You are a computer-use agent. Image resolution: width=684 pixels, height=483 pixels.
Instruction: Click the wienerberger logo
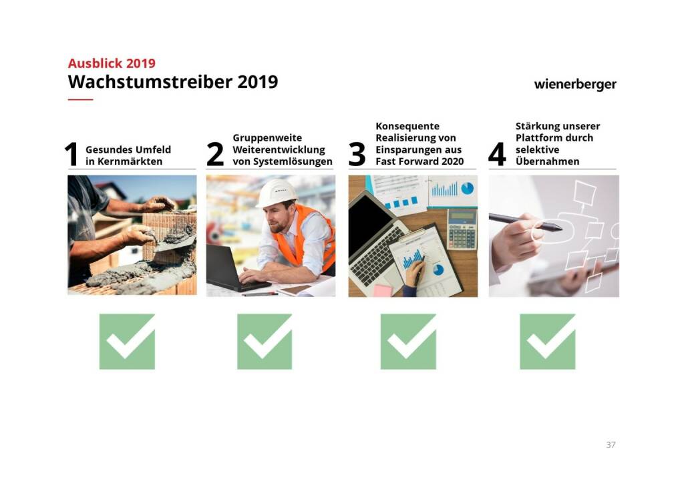(575, 85)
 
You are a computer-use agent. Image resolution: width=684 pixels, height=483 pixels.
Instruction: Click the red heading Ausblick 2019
(112, 63)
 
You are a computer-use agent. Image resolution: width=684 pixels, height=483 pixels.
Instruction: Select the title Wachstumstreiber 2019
(173, 82)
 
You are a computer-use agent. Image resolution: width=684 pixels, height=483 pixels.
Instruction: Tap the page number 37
(611, 445)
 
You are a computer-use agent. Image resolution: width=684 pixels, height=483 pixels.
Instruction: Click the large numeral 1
(71, 154)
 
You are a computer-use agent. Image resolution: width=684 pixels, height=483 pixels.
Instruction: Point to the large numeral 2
(215, 154)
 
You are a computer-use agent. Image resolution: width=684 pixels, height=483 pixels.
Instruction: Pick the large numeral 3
(357, 154)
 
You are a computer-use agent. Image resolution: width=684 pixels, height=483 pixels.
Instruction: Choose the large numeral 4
(497, 154)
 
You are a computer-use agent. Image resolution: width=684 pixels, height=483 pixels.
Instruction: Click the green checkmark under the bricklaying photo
(127, 342)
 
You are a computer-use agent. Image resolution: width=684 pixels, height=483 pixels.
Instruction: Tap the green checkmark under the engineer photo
(265, 342)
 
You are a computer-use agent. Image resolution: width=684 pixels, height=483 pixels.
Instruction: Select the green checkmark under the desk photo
(408, 342)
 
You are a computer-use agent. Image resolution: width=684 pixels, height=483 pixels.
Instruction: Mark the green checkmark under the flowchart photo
(548, 342)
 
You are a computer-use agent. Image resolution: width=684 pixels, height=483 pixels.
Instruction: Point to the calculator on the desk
(462, 229)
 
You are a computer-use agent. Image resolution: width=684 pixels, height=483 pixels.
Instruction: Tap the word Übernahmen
(548, 161)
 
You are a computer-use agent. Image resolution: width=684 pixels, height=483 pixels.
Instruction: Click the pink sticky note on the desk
(383, 290)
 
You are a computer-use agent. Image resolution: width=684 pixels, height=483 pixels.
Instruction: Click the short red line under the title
(80, 99)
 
